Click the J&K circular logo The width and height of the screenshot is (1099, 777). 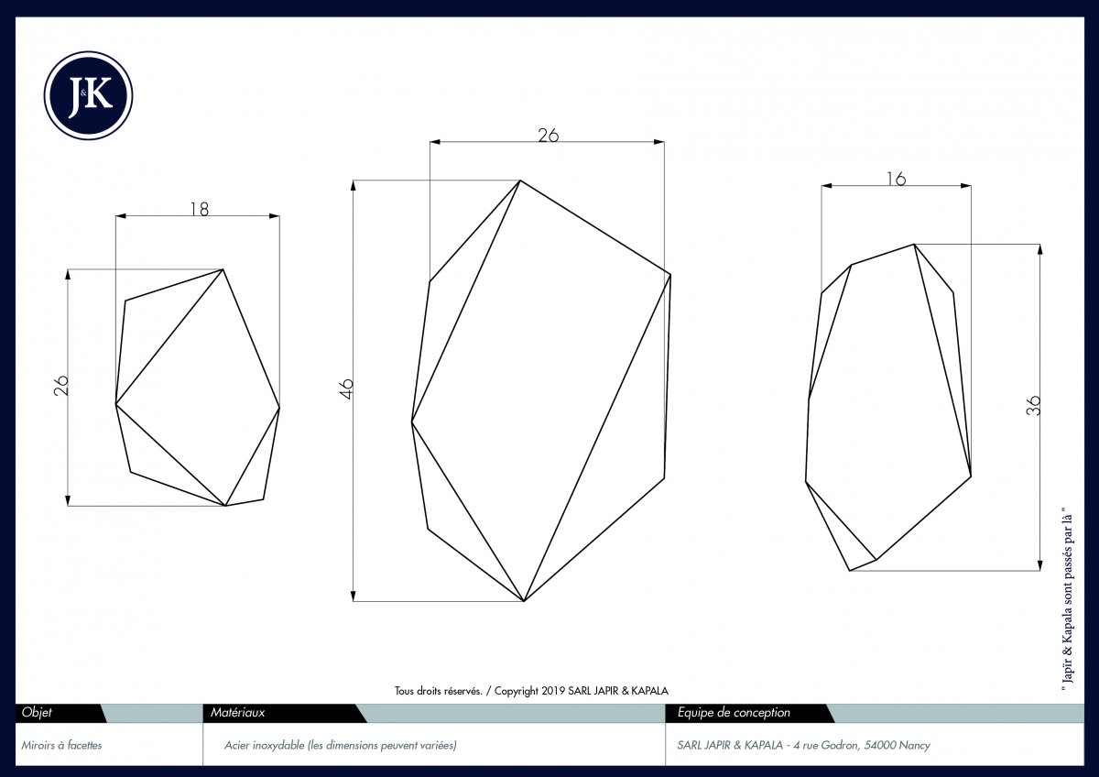pos(88,95)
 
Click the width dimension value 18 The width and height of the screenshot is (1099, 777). pos(200,209)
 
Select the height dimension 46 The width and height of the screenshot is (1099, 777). pos(346,388)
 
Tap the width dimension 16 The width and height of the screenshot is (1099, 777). pos(896,179)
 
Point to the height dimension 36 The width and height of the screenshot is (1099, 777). pos(1033,405)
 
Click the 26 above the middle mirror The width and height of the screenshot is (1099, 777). pos(548,135)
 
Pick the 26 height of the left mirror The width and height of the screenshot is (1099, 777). pos(60,386)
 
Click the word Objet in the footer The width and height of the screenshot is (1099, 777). pos(37,712)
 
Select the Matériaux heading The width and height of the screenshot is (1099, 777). pos(237,712)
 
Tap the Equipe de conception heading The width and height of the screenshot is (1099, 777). pos(734,712)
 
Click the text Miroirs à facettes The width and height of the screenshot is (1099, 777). pos(61,745)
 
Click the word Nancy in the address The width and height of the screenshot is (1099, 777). pos(914,745)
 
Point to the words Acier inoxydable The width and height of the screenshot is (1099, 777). pos(264,745)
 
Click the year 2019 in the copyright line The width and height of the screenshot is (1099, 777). pos(553,691)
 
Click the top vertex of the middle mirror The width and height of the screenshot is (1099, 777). pos(520,181)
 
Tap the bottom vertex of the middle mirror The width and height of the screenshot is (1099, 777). pos(525,601)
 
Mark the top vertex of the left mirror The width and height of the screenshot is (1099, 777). pos(223,269)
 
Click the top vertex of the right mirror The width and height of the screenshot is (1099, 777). pos(914,245)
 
